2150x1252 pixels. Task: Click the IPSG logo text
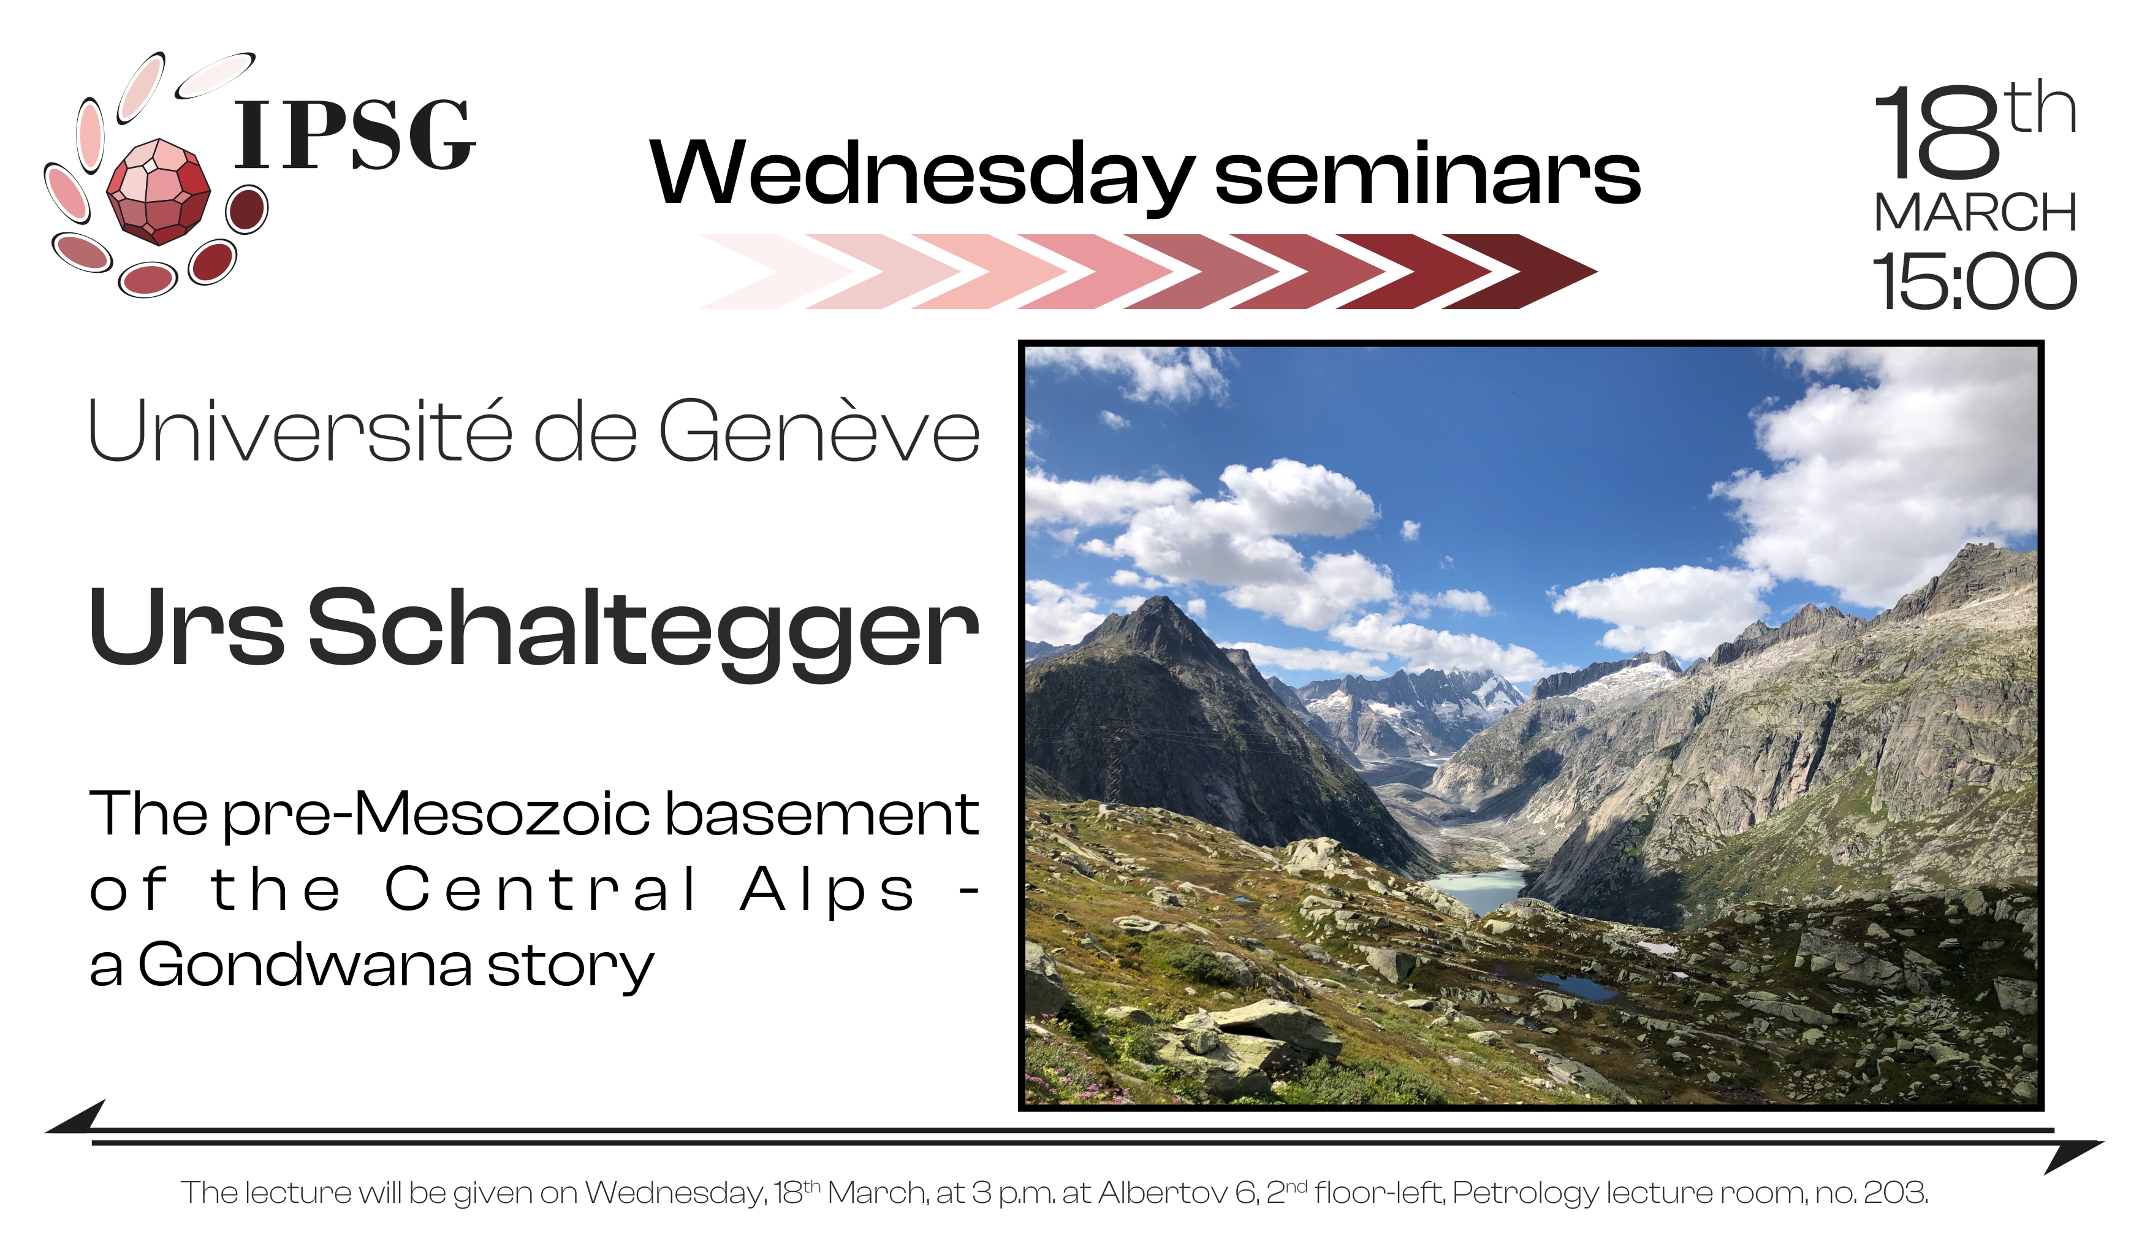point(354,135)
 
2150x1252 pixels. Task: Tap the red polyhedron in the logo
point(159,191)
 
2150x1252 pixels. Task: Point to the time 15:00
point(1974,281)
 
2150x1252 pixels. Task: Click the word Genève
point(819,430)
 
